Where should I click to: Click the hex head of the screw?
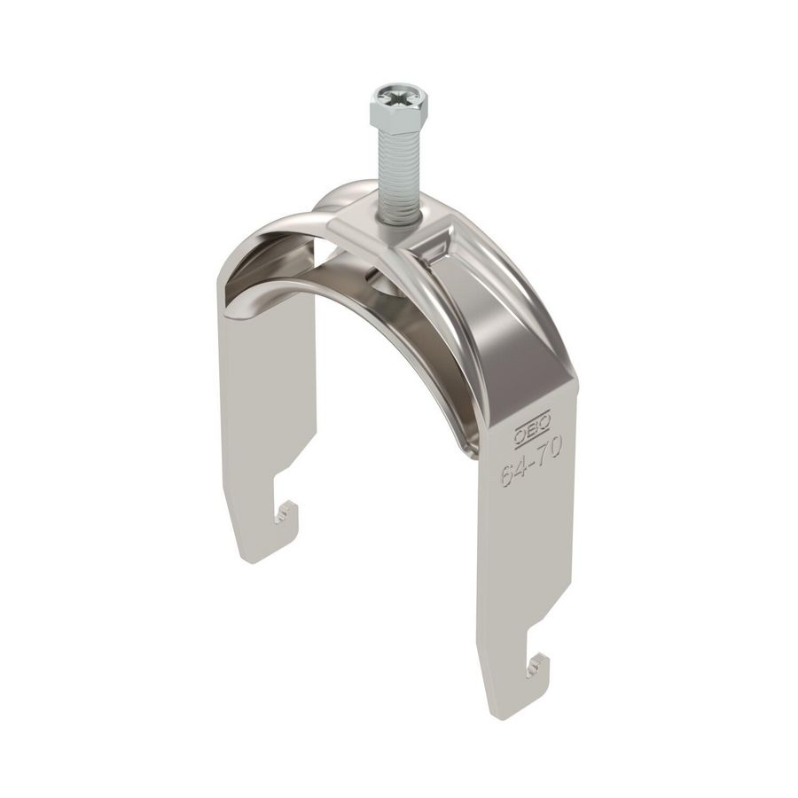[398, 110]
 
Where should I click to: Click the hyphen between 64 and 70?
[531, 461]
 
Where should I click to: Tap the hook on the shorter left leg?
[286, 512]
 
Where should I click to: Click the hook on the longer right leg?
[537, 664]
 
